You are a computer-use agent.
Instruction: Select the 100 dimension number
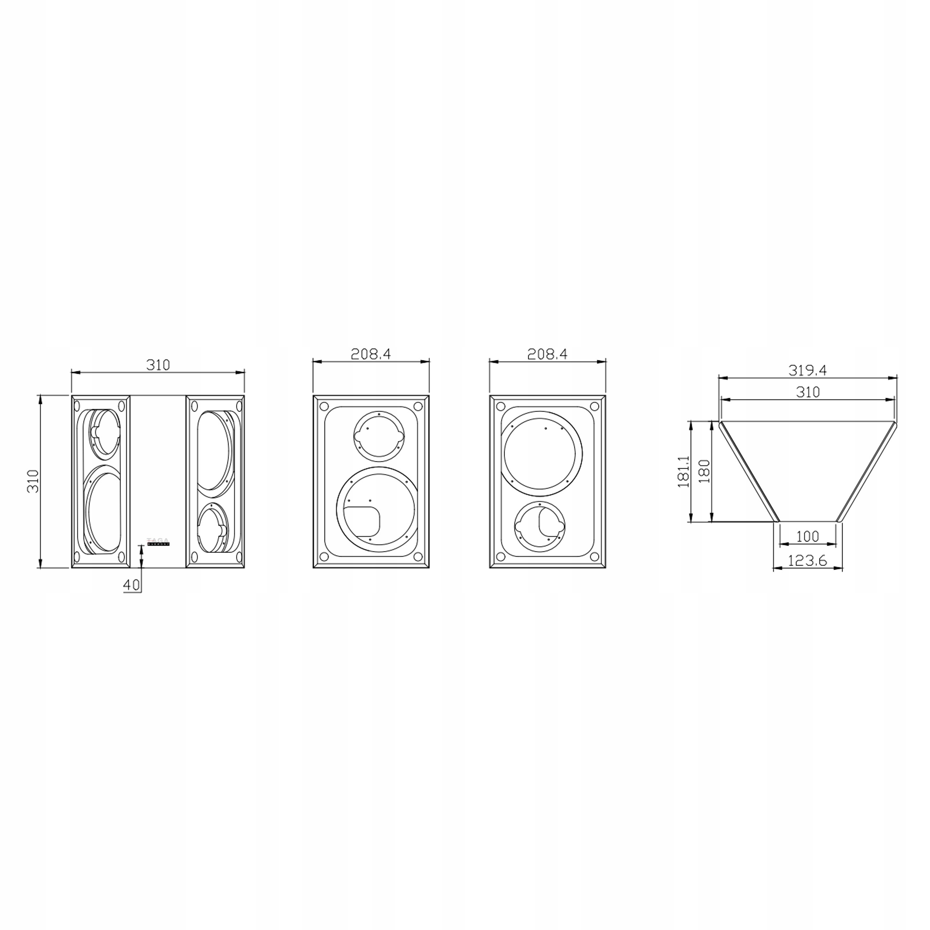807,536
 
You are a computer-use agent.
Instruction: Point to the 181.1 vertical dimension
684,472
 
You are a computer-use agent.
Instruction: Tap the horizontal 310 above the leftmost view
158,365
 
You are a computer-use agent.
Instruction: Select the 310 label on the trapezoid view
807,392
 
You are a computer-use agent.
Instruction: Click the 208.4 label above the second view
371,354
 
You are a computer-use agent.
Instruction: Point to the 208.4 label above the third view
547,354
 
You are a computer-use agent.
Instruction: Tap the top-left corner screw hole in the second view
324,406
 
